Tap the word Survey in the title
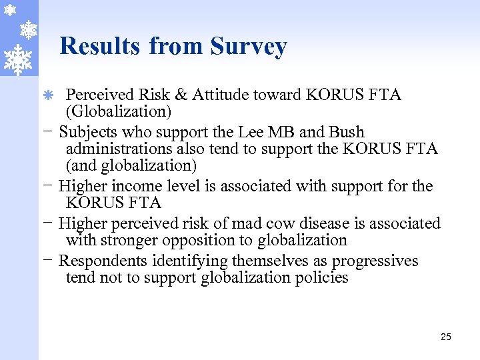249,47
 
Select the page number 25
446,337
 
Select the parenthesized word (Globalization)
119,111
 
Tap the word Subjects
89,132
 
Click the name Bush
347,132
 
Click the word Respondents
104,261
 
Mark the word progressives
375,261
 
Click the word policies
321,277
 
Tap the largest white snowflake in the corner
17,58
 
